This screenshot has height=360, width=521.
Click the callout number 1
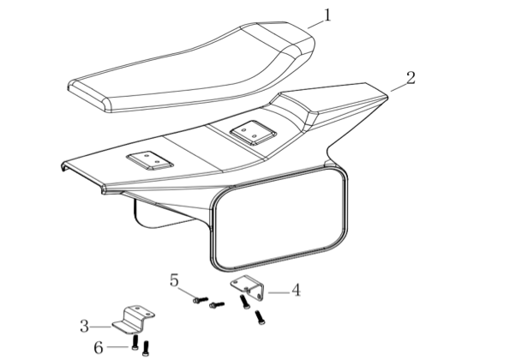tap(327, 15)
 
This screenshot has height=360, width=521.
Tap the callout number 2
tap(410, 78)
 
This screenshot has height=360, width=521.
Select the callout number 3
tap(84, 326)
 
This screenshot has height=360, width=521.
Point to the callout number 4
tap(296, 290)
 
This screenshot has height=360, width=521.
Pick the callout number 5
tap(174, 280)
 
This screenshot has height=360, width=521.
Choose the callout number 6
tap(99, 348)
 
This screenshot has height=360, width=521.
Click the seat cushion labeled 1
tap(192, 67)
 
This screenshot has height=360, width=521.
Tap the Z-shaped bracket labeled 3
tap(133, 320)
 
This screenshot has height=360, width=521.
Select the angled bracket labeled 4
tap(249, 288)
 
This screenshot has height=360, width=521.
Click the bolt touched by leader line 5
tap(201, 300)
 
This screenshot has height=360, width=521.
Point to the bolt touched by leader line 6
tap(135, 342)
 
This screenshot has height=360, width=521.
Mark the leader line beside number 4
tap(278, 292)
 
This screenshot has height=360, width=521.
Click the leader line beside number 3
tap(100, 327)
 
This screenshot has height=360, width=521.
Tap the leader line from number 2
tap(398, 87)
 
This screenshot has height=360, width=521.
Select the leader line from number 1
tap(315, 24)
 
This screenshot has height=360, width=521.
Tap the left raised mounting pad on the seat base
tap(150, 160)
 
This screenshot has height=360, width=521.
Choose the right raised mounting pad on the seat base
tap(253, 133)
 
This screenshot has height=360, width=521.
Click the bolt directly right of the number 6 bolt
tap(146, 349)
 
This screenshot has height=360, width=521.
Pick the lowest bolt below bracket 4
tap(260, 317)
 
